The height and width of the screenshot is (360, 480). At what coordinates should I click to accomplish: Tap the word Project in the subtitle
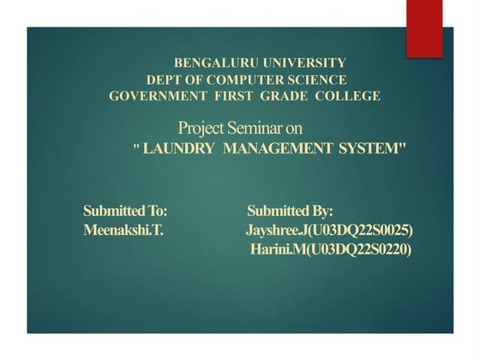(x=201, y=129)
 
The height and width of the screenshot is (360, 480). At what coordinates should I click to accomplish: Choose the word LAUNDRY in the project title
(x=180, y=148)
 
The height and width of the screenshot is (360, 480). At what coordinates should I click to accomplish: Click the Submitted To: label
(x=125, y=211)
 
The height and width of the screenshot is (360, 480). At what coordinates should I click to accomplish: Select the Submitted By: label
(x=290, y=211)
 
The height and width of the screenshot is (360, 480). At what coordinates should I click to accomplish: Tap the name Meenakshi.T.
(x=123, y=231)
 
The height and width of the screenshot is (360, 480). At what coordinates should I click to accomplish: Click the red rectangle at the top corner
(x=423, y=27)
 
